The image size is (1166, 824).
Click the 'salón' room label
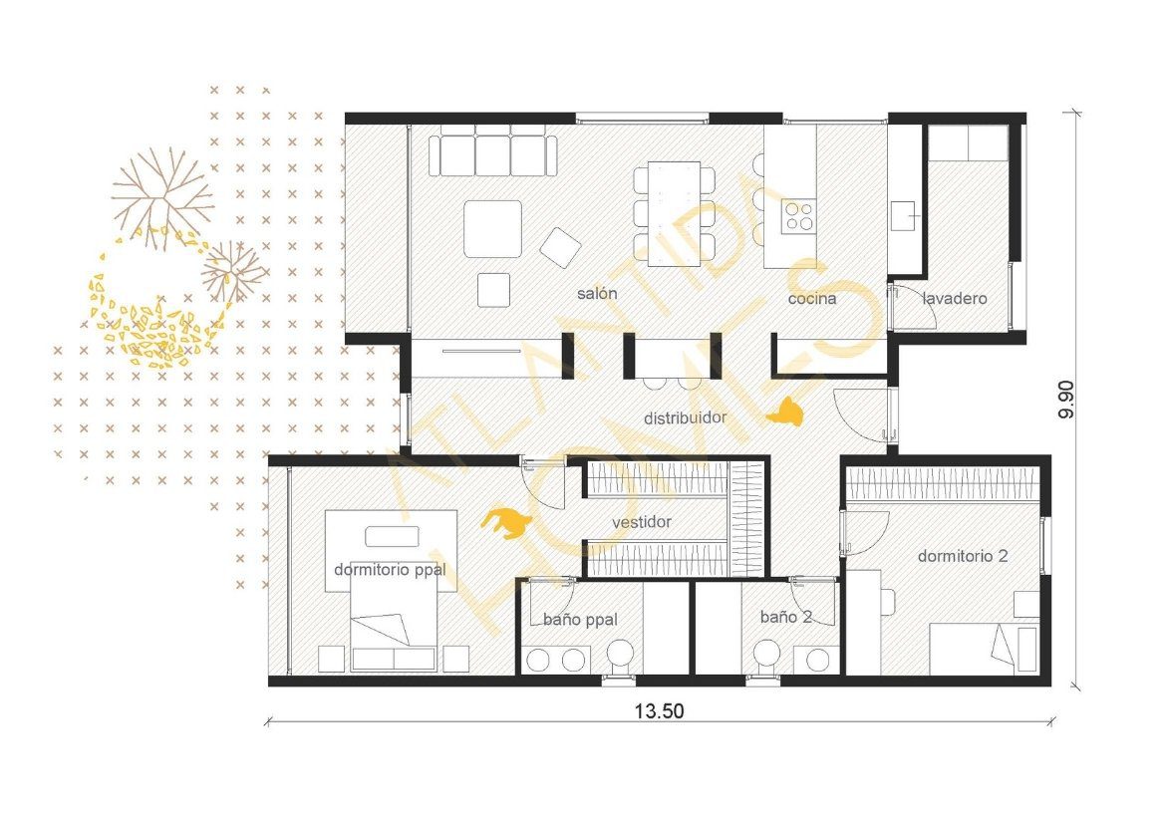[x=597, y=294]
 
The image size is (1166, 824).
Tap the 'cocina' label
[x=812, y=299]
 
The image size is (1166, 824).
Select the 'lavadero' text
[x=955, y=299]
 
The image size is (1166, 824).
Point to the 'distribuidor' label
[x=685, y=417]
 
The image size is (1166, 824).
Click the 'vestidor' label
[x=642, y=522]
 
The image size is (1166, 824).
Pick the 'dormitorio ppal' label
[x=390, y=570]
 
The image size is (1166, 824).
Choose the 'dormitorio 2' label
[x=963, y=556]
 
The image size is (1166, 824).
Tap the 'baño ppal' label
[x=580, y=620]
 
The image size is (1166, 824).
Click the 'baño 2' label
[x=786, y=617]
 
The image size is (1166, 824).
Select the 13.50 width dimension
[x=659, y=711]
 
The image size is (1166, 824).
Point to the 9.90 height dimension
[x=1066, y=401]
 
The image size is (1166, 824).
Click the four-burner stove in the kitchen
[x=798, y=215]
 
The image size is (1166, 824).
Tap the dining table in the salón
[x=674, y=213]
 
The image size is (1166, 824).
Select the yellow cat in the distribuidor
[x=784, y=413]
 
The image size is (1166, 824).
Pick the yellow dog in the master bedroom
[x=506, y=523]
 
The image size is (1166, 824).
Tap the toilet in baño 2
[x=765, y=658]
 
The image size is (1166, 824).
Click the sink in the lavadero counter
[x=903, y=215]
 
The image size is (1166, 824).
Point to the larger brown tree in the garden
[x=161, y=192]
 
